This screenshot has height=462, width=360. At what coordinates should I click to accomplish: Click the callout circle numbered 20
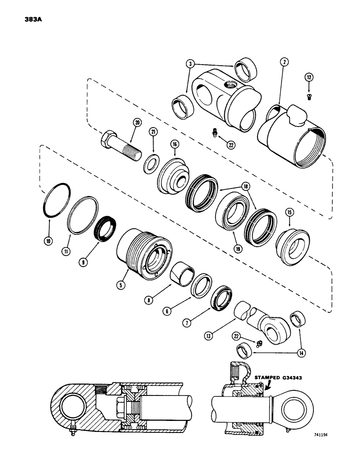point(137,122)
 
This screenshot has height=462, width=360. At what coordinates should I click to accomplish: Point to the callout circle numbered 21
point(153,132)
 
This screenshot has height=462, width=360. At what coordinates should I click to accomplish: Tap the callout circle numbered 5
point(120,285)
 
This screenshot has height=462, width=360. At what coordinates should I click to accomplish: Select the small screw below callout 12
point(309,96)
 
